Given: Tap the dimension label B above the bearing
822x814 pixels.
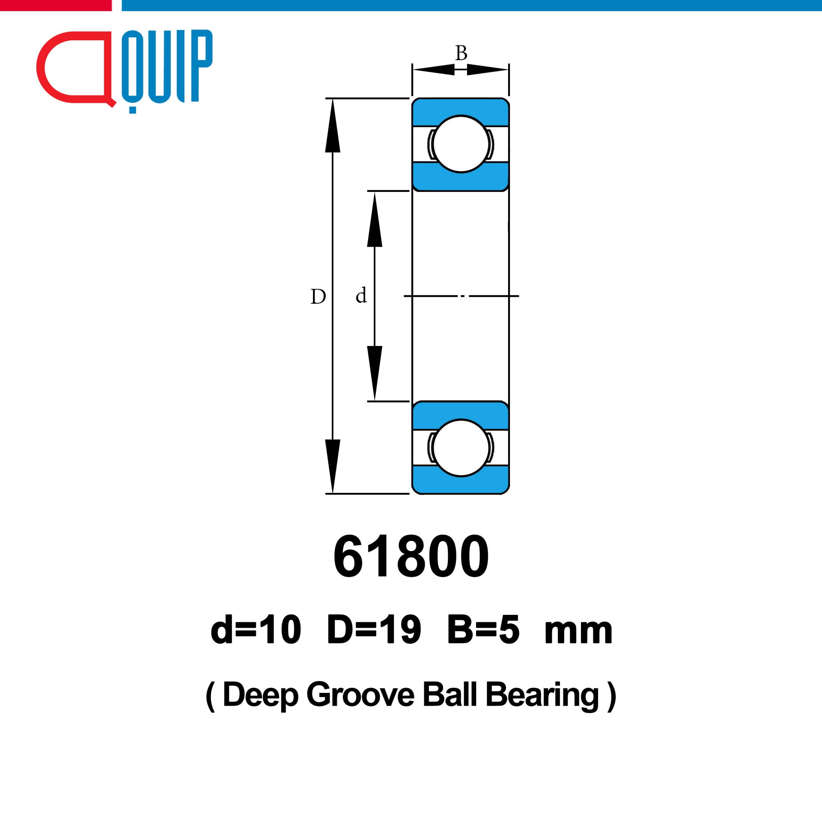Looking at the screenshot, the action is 461,53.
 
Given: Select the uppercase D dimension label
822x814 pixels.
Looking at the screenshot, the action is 318,296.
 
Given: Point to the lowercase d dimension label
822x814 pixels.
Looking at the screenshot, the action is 361,295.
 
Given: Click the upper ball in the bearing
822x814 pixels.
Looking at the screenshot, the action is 461,144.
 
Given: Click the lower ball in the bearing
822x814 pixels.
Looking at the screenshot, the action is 461,448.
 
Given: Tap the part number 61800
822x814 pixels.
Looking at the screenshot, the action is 411,556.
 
